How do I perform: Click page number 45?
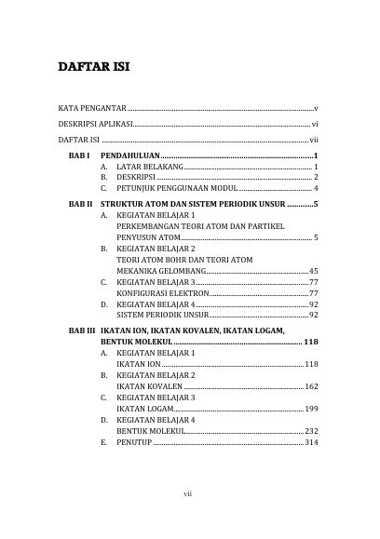[x=314, y=270]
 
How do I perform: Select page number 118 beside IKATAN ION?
[x=312, y=364]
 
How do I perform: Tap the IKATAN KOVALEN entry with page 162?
[x=149, y=386]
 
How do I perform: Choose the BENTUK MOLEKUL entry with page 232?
[x=150, y=431]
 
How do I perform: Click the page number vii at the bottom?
[x=190, y=492]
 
